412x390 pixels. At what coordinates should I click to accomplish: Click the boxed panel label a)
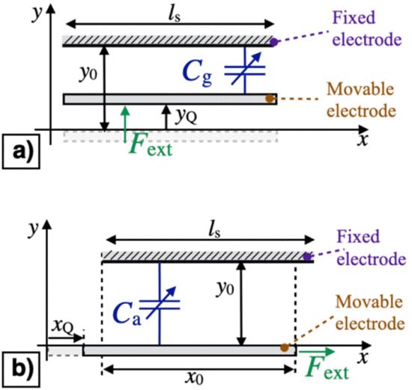[21, 151]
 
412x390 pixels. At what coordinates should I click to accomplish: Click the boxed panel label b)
[21, 369]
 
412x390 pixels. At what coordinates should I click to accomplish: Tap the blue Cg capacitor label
[197, 73]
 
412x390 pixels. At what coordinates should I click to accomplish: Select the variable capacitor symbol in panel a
[245, 70]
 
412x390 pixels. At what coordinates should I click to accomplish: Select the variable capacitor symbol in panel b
[160, 304]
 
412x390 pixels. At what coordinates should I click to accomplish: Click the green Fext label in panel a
[151, 146]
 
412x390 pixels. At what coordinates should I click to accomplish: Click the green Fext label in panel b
[327, 368]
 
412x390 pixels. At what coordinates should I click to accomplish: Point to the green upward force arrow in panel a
[126, 124]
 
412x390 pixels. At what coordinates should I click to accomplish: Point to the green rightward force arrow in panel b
[317, 351]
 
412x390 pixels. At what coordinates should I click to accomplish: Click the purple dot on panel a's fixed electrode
[273, 42]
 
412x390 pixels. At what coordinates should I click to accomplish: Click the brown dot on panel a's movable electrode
[270, 99]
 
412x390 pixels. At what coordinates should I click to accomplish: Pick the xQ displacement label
[62, 326]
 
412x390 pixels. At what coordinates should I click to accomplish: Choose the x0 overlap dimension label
[194, 379]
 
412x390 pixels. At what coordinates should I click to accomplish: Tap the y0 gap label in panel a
[89, 73]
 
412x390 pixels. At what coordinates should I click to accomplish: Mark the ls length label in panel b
[214, 231]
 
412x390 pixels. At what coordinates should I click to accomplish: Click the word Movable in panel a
[360, 89]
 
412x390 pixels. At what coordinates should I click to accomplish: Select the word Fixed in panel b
[358, 237]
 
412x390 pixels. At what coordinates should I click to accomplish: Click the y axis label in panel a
[37, 15]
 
